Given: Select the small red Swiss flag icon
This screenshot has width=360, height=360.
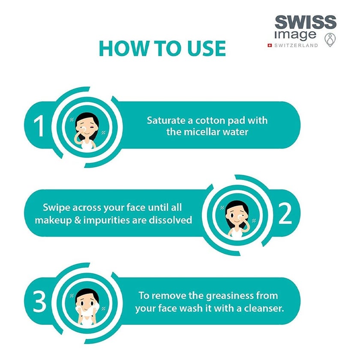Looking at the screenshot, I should click(x=270, y=45).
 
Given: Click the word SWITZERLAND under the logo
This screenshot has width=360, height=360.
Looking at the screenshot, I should click(x=296, y=45).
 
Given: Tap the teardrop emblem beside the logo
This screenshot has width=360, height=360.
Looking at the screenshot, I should click(x=330, y=39).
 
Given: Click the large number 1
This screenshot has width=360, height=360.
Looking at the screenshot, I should click(x=39, y=126).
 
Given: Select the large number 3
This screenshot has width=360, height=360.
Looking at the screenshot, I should click(x=40, y=302).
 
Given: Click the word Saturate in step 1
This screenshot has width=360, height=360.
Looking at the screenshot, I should click(x=165, y=120).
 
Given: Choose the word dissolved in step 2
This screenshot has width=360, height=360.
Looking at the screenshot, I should click(x=170, y=220).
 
